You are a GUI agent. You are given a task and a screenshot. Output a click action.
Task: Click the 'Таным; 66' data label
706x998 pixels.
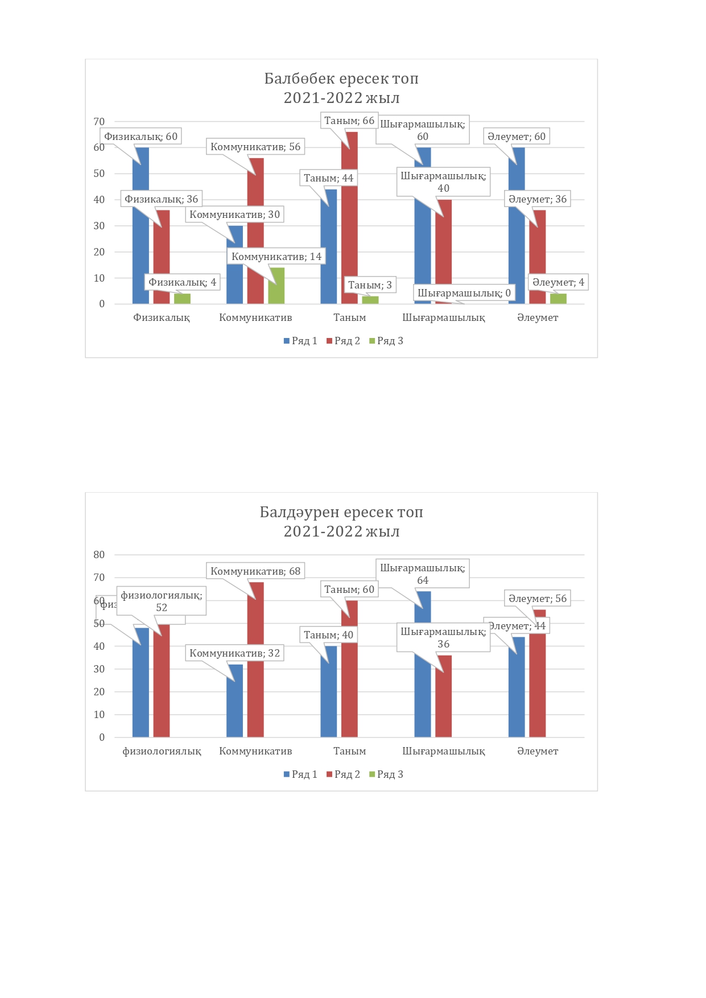[x=349, y=121]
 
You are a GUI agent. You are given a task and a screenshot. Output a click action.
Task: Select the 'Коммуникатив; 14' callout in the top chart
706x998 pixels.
[x=276, y=257]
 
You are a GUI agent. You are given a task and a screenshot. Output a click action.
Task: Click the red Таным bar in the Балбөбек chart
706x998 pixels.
[x=349, y=228]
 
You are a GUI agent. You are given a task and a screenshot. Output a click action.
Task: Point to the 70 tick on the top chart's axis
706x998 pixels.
[x=99, y=122]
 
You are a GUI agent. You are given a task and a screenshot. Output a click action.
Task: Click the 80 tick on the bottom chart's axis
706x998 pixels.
[x=99, y=555]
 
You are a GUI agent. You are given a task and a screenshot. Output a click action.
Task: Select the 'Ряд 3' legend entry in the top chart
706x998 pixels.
[x=386, y=341]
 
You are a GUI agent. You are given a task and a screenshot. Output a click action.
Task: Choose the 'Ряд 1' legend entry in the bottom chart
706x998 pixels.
[x=300, y=774]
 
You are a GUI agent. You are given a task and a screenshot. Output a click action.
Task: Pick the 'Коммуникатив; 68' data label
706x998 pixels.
[x=255, y=571]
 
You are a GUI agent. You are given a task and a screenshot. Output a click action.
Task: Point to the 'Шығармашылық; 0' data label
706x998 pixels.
[x=464, y=293]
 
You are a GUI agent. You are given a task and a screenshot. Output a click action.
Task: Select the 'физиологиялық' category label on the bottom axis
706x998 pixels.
[x=162, y=751]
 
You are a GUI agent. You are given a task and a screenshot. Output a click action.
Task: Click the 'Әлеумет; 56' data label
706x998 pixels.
[x=538, y=599]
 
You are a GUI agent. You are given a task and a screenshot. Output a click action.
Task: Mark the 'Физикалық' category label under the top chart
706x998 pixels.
[x=162, y=317]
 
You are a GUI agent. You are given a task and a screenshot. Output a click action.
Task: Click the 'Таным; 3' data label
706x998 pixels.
[x=370, y=285]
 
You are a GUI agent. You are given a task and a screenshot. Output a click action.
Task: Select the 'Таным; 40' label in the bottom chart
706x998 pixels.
[x=328, y=635]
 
